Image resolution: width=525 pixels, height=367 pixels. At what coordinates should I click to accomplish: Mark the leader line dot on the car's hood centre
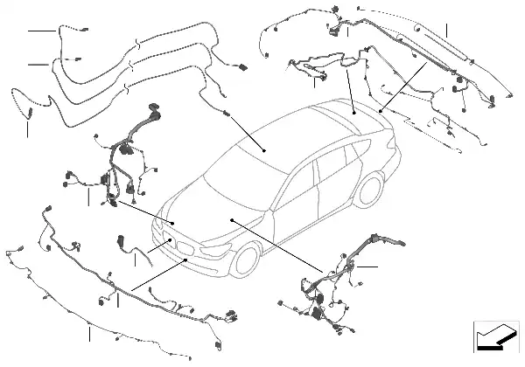tap(231, 220)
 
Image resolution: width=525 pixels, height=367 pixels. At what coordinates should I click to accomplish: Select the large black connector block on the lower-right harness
tap(312, 314)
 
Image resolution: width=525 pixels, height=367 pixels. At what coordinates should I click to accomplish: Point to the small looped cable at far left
tap(19, 100)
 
